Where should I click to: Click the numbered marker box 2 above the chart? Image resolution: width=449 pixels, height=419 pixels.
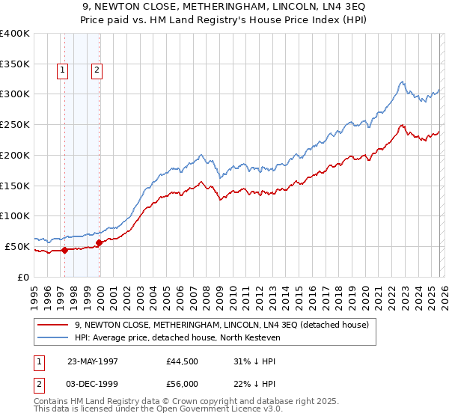(x=97, y=71)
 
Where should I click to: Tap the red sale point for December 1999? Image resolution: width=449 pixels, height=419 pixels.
(x=100, y=242)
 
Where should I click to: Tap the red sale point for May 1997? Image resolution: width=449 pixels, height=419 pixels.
(x=65, y=250)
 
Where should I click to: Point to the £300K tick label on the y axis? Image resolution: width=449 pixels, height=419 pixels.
(x=15, y=94)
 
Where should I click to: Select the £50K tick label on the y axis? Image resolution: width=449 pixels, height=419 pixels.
(x=17, y=246)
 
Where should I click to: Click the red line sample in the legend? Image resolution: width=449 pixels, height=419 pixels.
(x=53, y=325)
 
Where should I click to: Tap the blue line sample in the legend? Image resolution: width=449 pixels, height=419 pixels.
(x=53, y=338)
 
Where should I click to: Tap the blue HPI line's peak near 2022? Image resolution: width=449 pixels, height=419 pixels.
(x=403, y=82)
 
